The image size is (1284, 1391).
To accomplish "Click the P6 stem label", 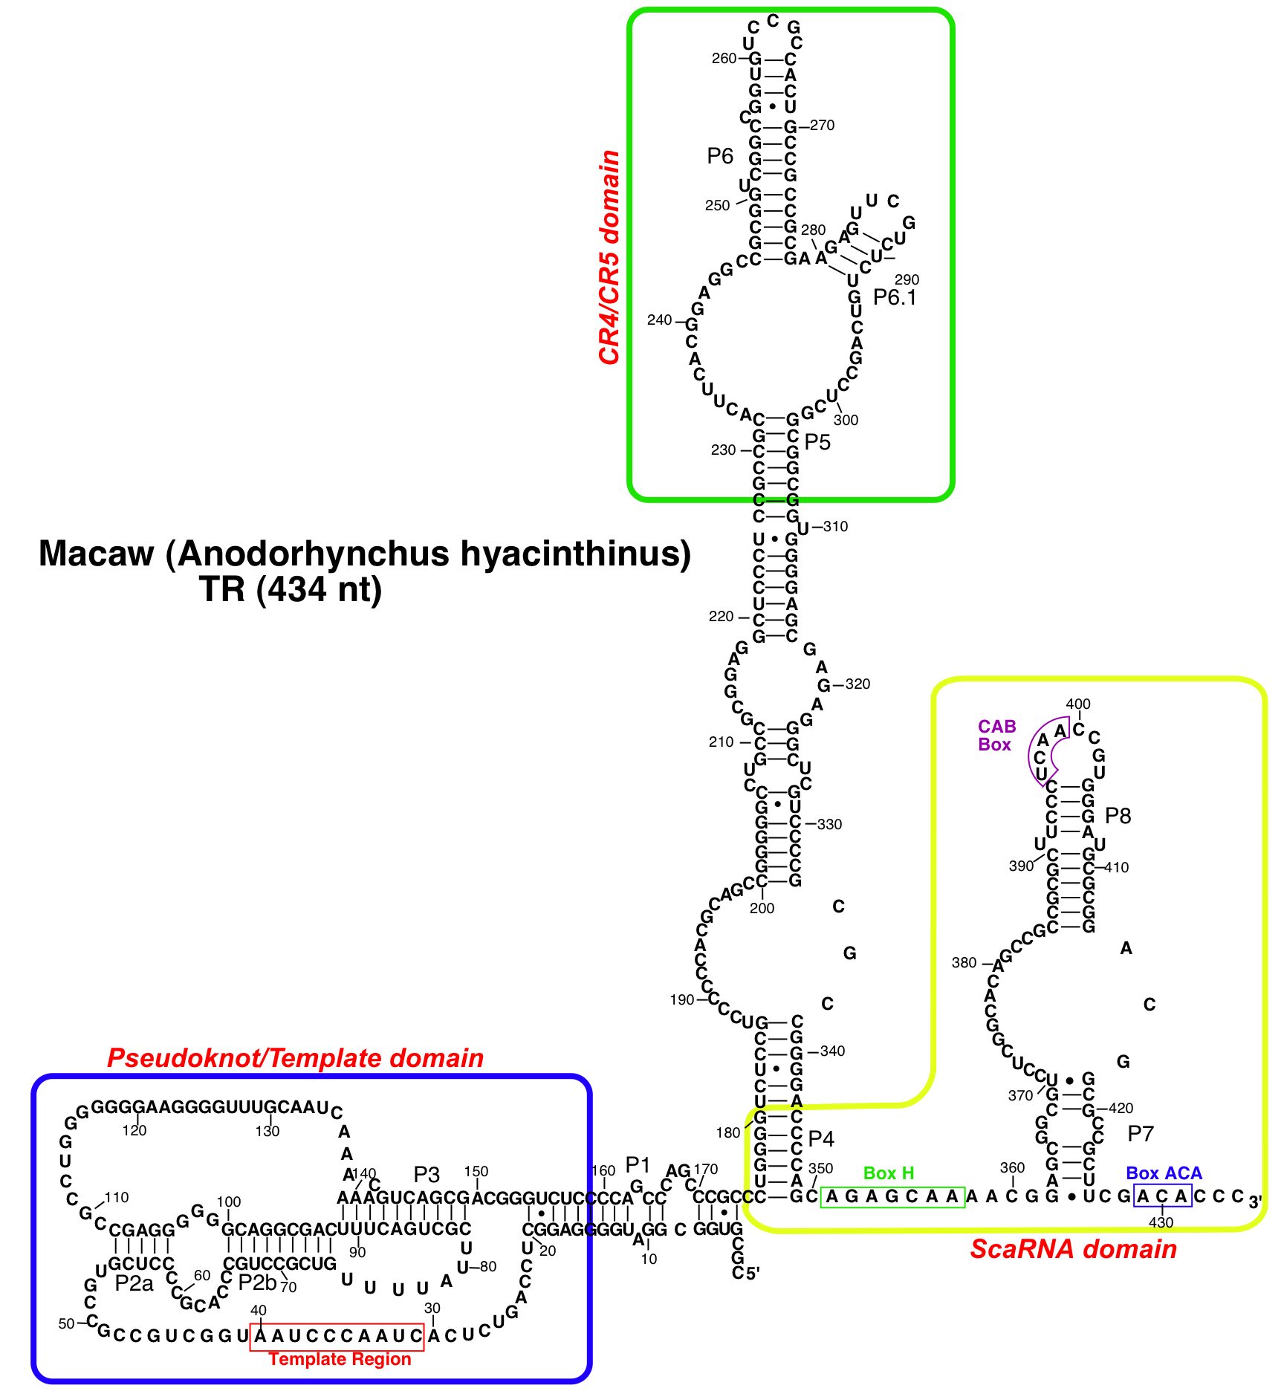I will coord(720,156).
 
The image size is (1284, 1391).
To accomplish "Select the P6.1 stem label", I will coord(895,298).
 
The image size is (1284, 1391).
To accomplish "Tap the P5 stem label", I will coord(817,442).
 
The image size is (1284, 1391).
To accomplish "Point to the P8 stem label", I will coord(1118,816).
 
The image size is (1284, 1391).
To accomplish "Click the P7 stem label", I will coord(1141,1133).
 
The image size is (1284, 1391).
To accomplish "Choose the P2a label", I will coord(134,1283).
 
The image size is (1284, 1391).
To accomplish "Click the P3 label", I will coord(427,1175).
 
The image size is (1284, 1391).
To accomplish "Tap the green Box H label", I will coord(889,1173).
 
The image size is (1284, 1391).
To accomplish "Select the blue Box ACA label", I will coord(1164,1173).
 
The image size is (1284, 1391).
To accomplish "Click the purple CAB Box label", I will coord(996,736).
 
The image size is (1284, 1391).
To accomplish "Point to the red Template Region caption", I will coord(340,1359).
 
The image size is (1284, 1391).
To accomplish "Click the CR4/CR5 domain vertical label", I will coord(610,257).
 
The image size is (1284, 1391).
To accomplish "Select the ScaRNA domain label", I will coord(1074,1249).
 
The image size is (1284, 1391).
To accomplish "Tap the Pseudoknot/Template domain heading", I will coord(296,1058).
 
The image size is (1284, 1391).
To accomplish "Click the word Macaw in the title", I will coord(96,554).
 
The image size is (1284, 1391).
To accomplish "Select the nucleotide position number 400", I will coord(1078,704).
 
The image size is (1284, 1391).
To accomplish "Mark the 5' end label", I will coord(752,1274).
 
